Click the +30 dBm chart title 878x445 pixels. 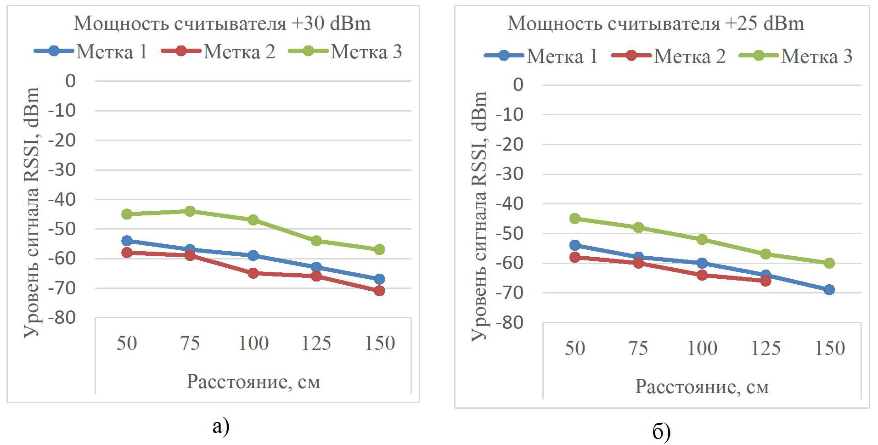coord(222,23)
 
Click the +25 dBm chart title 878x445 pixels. coord(656,23)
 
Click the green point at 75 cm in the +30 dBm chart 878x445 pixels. coord(190,211)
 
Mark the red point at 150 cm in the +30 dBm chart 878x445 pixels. coord(379,291)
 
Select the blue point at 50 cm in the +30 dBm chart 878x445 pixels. coord(127,241)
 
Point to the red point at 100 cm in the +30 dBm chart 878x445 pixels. coord(253,273)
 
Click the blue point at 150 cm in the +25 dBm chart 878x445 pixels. coord(829,290)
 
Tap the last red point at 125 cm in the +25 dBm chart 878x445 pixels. coord(765,281)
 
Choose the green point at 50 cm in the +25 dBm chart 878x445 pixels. coord(575,219)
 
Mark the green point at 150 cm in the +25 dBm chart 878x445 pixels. coord(829,263)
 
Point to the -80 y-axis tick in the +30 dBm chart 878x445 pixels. coord(64,317)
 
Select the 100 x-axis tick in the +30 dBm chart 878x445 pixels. coord(253,344)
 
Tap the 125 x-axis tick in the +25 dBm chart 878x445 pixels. coord(765,348)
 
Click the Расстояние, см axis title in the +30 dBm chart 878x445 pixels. coord(253,382)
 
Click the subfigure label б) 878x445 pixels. coord(661,432)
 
